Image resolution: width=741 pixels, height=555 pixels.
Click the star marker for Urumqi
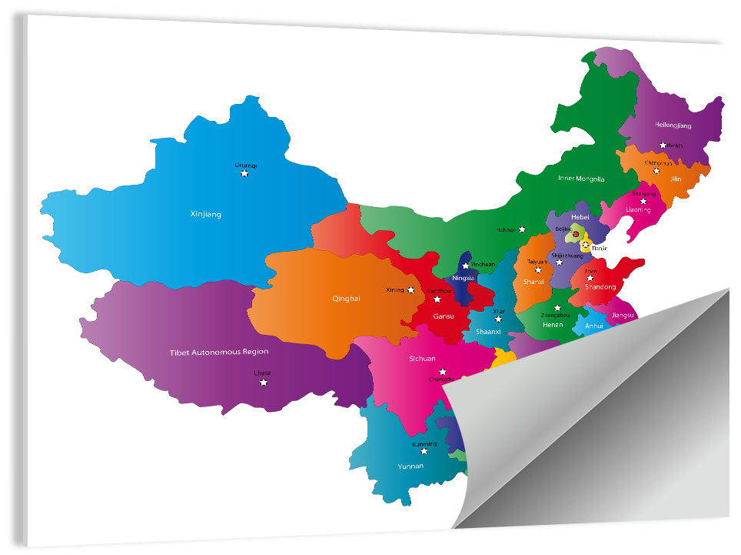(244, 174)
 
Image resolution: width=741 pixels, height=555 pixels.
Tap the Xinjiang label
(205, 214)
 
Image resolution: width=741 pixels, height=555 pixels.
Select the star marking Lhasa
(263, 383)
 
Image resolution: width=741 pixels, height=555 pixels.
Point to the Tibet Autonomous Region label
(219, 352)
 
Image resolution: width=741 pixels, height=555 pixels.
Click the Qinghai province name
(346, 299)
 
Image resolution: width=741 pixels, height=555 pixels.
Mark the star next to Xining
(411, 290)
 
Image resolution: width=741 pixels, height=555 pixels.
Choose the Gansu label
(444, 316)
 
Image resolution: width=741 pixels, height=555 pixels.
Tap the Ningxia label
(464, 278)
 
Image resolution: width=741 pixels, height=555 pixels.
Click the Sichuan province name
(422, 358)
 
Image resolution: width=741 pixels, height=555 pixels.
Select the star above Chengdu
(442, 372)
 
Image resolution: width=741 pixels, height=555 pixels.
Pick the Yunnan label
(410, 466)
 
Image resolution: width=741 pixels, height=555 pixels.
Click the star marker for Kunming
(424, 451)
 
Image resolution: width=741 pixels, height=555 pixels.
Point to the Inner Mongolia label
(581, 179)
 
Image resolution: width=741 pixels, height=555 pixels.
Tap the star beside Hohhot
(522, 229)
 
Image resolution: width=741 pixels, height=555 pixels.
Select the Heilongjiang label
(673, 125)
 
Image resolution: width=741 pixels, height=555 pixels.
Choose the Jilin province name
(676, 179)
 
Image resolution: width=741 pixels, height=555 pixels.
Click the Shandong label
(600, 287)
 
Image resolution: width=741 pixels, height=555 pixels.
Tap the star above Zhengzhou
(557, 308)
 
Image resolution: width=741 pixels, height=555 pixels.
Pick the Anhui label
(594, 326)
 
